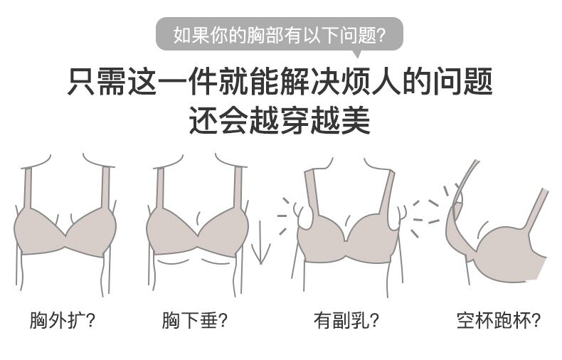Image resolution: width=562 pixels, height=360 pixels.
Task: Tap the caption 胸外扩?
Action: tap(63, 320)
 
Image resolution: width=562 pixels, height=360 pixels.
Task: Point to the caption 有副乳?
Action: tap(346, 320)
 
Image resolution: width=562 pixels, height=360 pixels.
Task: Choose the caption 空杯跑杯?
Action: tap(498, 320)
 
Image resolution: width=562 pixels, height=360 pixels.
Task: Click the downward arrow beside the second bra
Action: tap(261, 243)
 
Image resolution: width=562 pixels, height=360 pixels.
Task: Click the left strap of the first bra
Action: tap(28, 188)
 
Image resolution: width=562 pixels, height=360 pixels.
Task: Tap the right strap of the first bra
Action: tap(106, 188)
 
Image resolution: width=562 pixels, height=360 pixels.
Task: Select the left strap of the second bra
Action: tap(160, 188)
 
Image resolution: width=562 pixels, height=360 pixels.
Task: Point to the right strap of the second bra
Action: tap(238, 188)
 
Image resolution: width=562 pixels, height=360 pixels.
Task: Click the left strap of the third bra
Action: tap(311, 192)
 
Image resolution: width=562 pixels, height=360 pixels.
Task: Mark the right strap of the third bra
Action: tap(387, 192)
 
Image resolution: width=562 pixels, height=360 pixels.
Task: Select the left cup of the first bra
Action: tap(39, 231)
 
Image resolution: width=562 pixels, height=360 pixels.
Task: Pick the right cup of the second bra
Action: tap(224, 231)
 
